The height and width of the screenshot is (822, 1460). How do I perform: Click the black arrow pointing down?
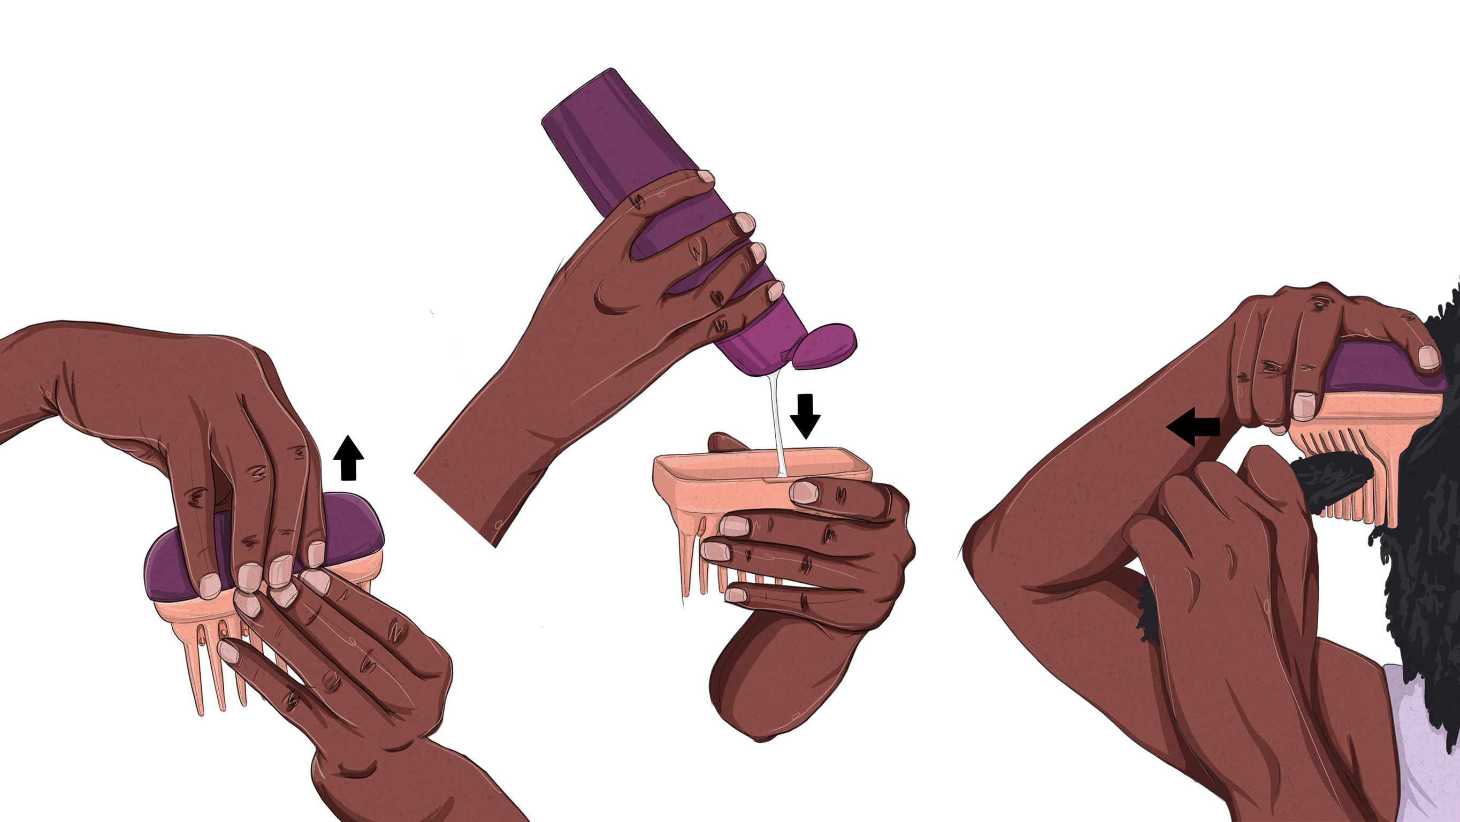(x=805, y=415)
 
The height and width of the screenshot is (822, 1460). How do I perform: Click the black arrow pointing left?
(x=1193, y=427)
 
